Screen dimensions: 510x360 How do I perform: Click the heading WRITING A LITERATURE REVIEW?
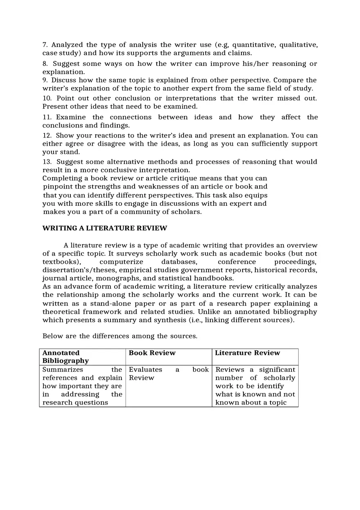(105, 228)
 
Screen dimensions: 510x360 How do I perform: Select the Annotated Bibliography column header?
(65, 357)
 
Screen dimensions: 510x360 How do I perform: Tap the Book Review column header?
(152, 353)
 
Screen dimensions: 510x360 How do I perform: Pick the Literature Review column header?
(248, 353)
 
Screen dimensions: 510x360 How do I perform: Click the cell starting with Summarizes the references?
(82, 386)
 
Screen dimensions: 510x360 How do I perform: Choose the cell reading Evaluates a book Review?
(169, 374)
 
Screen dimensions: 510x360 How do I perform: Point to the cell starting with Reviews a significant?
(255, 386)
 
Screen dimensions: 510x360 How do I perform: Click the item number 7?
(45, 45)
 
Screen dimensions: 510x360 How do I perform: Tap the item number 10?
(47, 98)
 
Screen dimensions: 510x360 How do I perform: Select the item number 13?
(47, 162)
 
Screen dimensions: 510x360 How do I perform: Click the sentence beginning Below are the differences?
(120, 336)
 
